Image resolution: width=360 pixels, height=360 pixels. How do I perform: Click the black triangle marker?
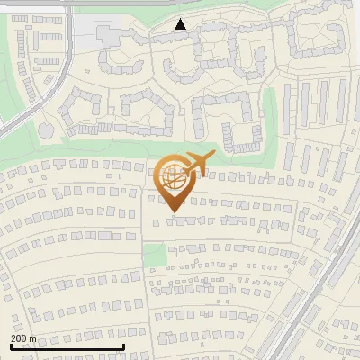(x=181, y=25)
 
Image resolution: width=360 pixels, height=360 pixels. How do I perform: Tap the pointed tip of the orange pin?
(x=174, y=212)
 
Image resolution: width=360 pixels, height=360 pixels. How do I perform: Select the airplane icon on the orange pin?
(x=196, y=164)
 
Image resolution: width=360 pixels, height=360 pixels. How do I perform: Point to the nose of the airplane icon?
(x=211, y=157)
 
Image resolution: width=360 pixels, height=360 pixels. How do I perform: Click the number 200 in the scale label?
(x=19, y=338)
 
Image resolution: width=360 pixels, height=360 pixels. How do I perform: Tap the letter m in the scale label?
(x=33, y=338)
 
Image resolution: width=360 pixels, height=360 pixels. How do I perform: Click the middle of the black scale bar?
(x=66, y=347)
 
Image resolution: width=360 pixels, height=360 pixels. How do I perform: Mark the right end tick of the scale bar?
(x=122, y=346)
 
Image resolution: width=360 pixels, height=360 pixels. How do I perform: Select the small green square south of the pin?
(x=155, y=255)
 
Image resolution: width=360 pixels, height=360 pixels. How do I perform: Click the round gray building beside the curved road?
(x=47, y=131)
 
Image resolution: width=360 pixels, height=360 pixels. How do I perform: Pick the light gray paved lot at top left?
(x=85, y=36)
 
